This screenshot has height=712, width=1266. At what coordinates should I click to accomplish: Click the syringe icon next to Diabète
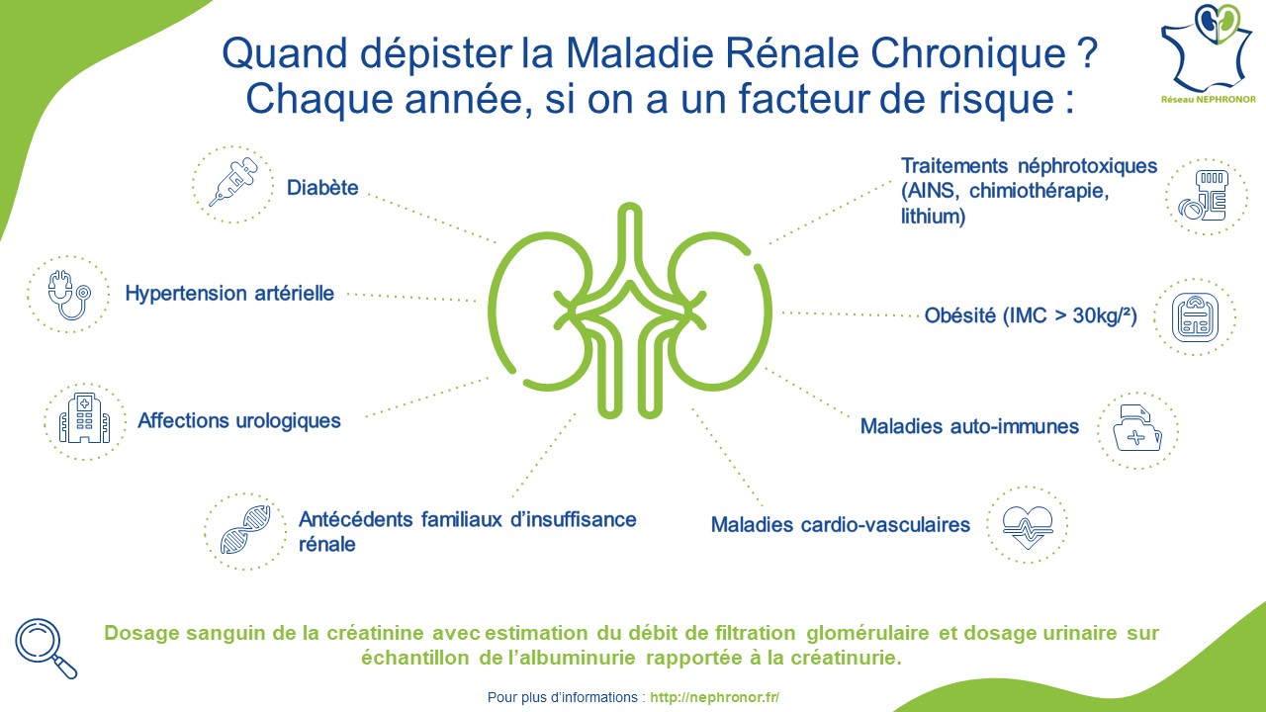232,182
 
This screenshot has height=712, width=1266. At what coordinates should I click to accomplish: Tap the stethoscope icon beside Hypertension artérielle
69,295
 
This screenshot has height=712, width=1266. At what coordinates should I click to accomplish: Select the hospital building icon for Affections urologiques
85,418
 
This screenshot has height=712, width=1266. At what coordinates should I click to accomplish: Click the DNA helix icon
245,529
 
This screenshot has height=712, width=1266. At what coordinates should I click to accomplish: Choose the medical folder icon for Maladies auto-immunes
1137,428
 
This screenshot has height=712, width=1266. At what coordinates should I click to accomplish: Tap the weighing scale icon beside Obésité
1195,317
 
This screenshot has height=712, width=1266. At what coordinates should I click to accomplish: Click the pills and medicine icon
1204,196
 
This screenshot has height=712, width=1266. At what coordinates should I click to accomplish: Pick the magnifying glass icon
46,648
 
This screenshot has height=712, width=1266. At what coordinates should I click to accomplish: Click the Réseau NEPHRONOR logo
1208,53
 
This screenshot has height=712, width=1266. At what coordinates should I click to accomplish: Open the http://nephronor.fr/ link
714,697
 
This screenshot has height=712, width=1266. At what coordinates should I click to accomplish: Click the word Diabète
322,188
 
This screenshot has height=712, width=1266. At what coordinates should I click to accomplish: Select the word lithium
933,216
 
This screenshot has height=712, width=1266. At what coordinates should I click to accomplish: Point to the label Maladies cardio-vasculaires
841,525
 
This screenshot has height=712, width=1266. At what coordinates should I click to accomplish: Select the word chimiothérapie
1039,191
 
